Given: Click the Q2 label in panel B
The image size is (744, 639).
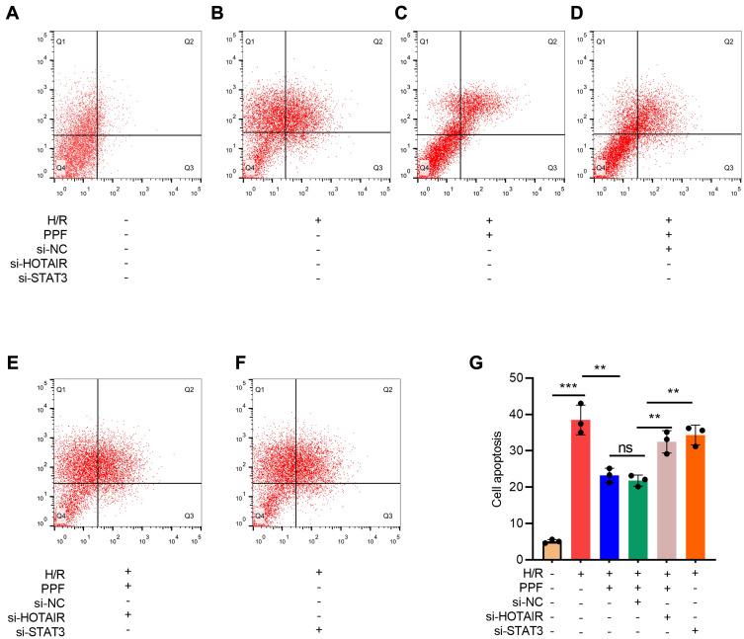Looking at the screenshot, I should tap(379, 41).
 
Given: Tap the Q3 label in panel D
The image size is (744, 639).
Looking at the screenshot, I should tap(729, 168).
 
